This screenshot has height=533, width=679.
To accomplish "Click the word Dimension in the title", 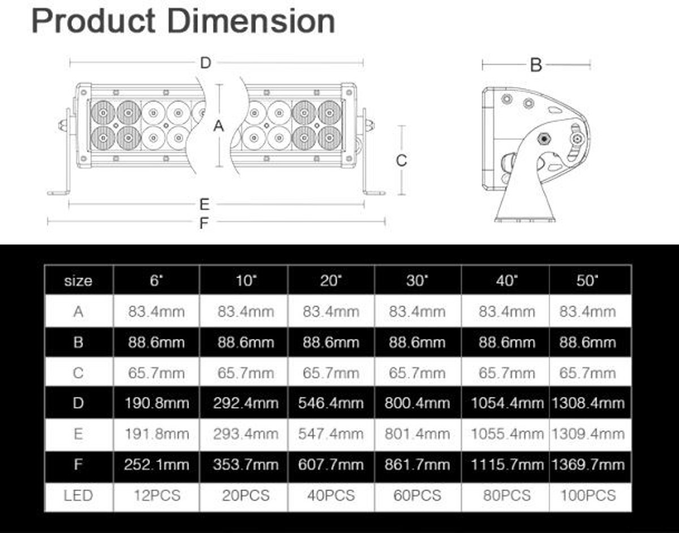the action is tap(251, 22).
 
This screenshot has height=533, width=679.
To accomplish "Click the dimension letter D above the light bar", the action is tap(205, 63).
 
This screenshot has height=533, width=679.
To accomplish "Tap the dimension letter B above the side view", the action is tap(536, 65).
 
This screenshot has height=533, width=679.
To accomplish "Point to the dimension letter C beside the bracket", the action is tap(401, 161).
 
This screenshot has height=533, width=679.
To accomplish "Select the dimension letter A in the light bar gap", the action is tap(219, 126).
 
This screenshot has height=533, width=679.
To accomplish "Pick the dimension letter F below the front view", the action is tap(204, 223).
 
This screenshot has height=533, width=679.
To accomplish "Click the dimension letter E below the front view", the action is tap(204, 204).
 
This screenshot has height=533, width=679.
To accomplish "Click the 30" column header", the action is tap(417, 280).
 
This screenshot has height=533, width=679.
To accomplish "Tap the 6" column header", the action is tap(157, 280).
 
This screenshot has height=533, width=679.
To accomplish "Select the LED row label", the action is tap(78, 496).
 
